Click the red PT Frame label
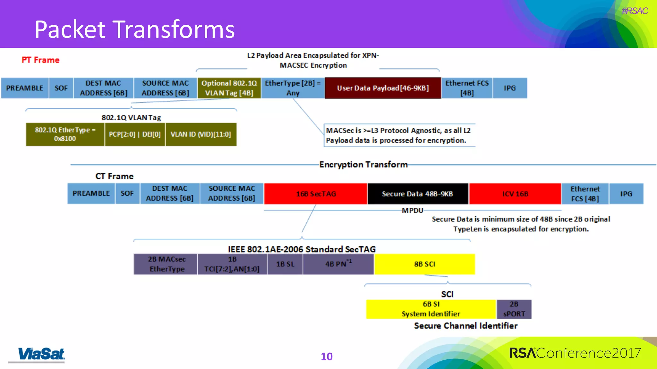[x=40, y=60]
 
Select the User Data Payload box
[x=383, y=88]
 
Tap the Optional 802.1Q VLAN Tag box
[x=229, y=88]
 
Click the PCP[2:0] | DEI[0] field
[x=135, y=135]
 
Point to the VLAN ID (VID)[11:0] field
[x=201, y=135]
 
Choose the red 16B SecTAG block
[x=316, y=194]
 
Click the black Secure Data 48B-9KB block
[x=417, y=194]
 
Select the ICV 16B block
[x=515, y=194]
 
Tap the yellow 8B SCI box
[x=424, y=264]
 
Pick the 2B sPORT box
[x=514, y=309]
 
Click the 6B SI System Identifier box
[x=431, y=309]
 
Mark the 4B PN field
[x=338, y=264]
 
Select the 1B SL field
[x=285, y=264]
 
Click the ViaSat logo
[x=41, y=354]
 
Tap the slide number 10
[x=327, y=357]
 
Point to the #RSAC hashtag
[x=634, y=11]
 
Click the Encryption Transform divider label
[x=363, y=165]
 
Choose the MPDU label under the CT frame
[x=412, y=210]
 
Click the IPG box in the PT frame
[x=509, y=88]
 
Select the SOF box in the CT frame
[x=127, y=193]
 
